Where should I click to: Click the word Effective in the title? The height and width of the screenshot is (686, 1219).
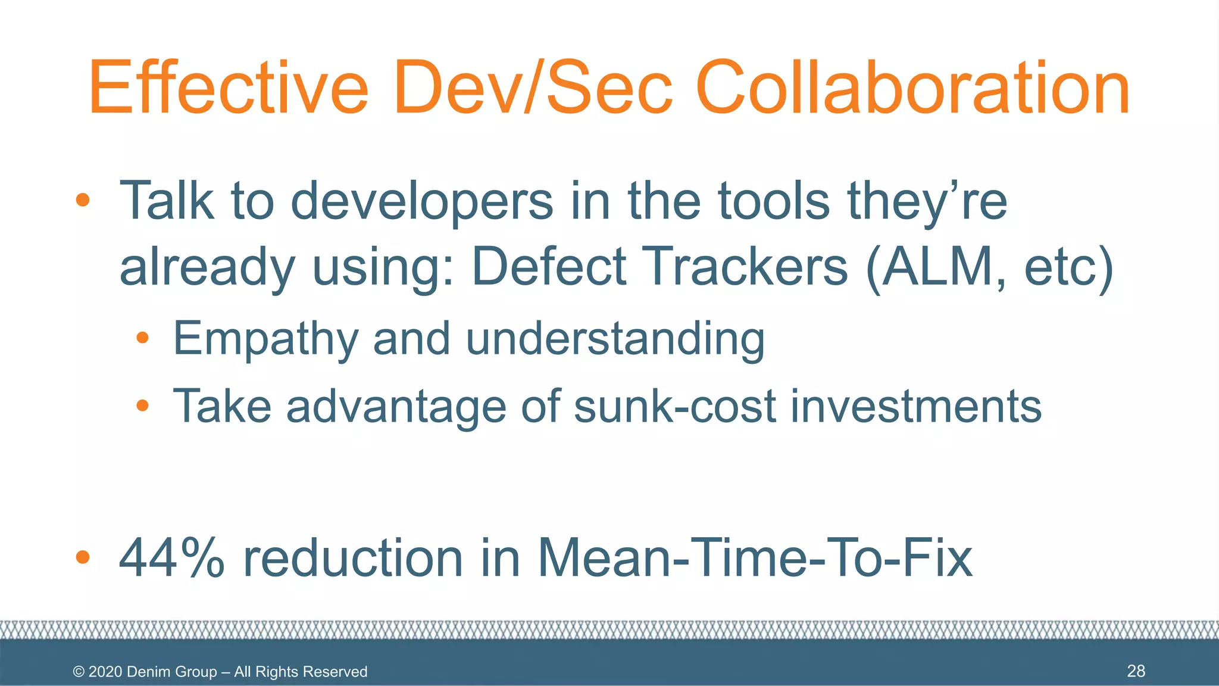[x=229, y=88]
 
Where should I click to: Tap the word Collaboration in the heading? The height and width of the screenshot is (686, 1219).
[x=912, y=88]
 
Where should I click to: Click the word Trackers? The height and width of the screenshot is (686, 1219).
[x=746, y=267]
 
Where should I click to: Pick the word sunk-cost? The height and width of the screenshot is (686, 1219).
[x=675, y=406]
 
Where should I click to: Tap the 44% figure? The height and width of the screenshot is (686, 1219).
[x=172, y=558]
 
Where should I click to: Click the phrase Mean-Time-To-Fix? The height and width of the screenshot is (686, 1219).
[x=755, y=558]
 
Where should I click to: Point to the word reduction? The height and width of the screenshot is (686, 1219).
[x=353, y=558]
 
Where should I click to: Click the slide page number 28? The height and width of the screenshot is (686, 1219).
[x=1136, y=671]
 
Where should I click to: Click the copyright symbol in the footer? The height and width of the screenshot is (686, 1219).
[x=79, y=672]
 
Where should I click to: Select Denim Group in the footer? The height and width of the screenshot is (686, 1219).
[x=171, y=672]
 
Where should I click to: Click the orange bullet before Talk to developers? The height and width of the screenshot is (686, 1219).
[x=83, y=200]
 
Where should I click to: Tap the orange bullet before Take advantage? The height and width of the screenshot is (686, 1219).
[x=142, y=406]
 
